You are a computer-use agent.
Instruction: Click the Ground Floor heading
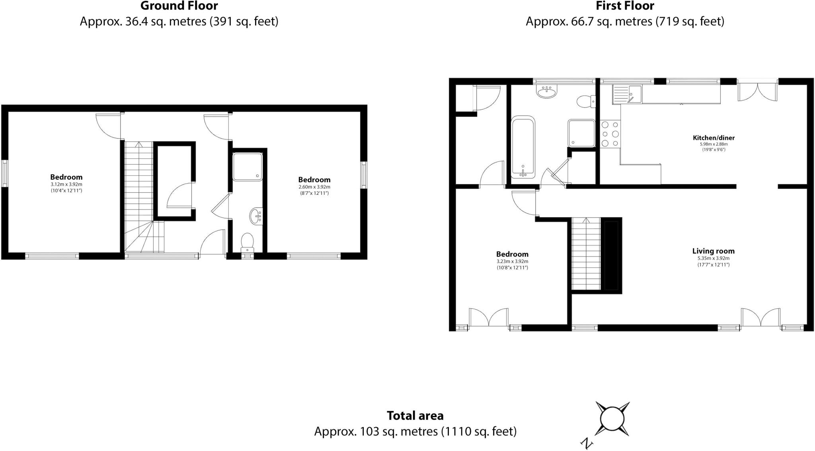coord(179,6)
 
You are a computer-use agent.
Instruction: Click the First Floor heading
coord(625,6)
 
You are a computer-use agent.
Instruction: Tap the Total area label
coord(415,416)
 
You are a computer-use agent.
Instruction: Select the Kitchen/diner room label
coord(714,138)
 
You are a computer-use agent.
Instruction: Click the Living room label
coord(713,251)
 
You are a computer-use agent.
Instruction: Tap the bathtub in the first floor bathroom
coord(523,147)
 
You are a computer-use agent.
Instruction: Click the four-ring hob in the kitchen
coord(610,134)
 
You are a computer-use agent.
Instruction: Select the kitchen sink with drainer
coord(627,94)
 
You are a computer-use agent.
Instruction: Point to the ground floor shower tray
coord(248,166)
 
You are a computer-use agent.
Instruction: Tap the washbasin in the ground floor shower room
coord(255,216)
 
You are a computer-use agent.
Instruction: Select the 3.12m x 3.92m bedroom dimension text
coord(66,184)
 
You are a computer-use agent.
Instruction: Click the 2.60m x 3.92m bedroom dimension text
coord(314,187)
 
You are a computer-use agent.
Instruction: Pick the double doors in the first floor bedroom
coord(489,318)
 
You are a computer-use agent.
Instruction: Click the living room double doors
coord(760,318)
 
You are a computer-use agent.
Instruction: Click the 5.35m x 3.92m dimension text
coord(713,258)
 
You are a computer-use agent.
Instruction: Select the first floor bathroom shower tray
coord(581,133)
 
